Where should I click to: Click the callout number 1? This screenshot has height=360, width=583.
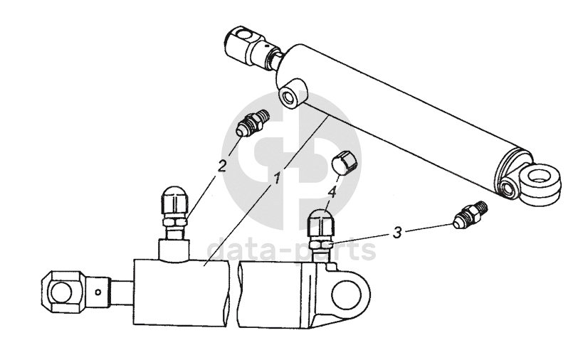277,179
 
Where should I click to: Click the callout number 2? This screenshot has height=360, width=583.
222,166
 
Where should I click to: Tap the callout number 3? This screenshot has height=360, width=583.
397,233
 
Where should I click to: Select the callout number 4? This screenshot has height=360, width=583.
332,192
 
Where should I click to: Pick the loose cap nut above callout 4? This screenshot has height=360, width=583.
344,162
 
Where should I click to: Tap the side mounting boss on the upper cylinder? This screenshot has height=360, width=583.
293,93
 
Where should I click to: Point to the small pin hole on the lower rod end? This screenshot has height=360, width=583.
98,292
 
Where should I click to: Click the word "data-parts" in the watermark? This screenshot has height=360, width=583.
291,250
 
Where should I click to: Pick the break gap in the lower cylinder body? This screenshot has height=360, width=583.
233,295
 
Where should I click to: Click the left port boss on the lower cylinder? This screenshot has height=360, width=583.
174,249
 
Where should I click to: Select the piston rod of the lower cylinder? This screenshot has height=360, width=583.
122,292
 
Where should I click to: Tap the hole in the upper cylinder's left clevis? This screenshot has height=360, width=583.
246,36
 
